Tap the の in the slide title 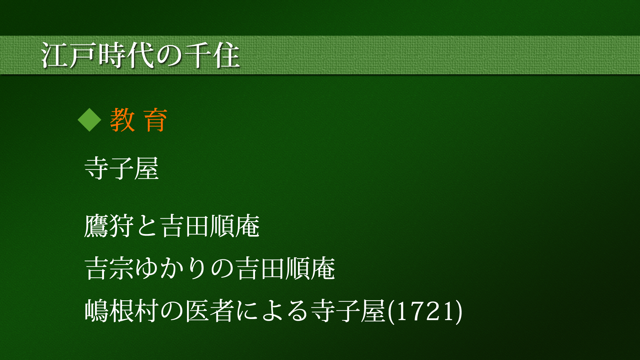tap(169, 55)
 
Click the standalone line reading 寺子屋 tap(122, 168)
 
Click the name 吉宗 tap(109, 268)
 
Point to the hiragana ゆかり tap(172, 268)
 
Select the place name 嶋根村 tap(122, 311)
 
